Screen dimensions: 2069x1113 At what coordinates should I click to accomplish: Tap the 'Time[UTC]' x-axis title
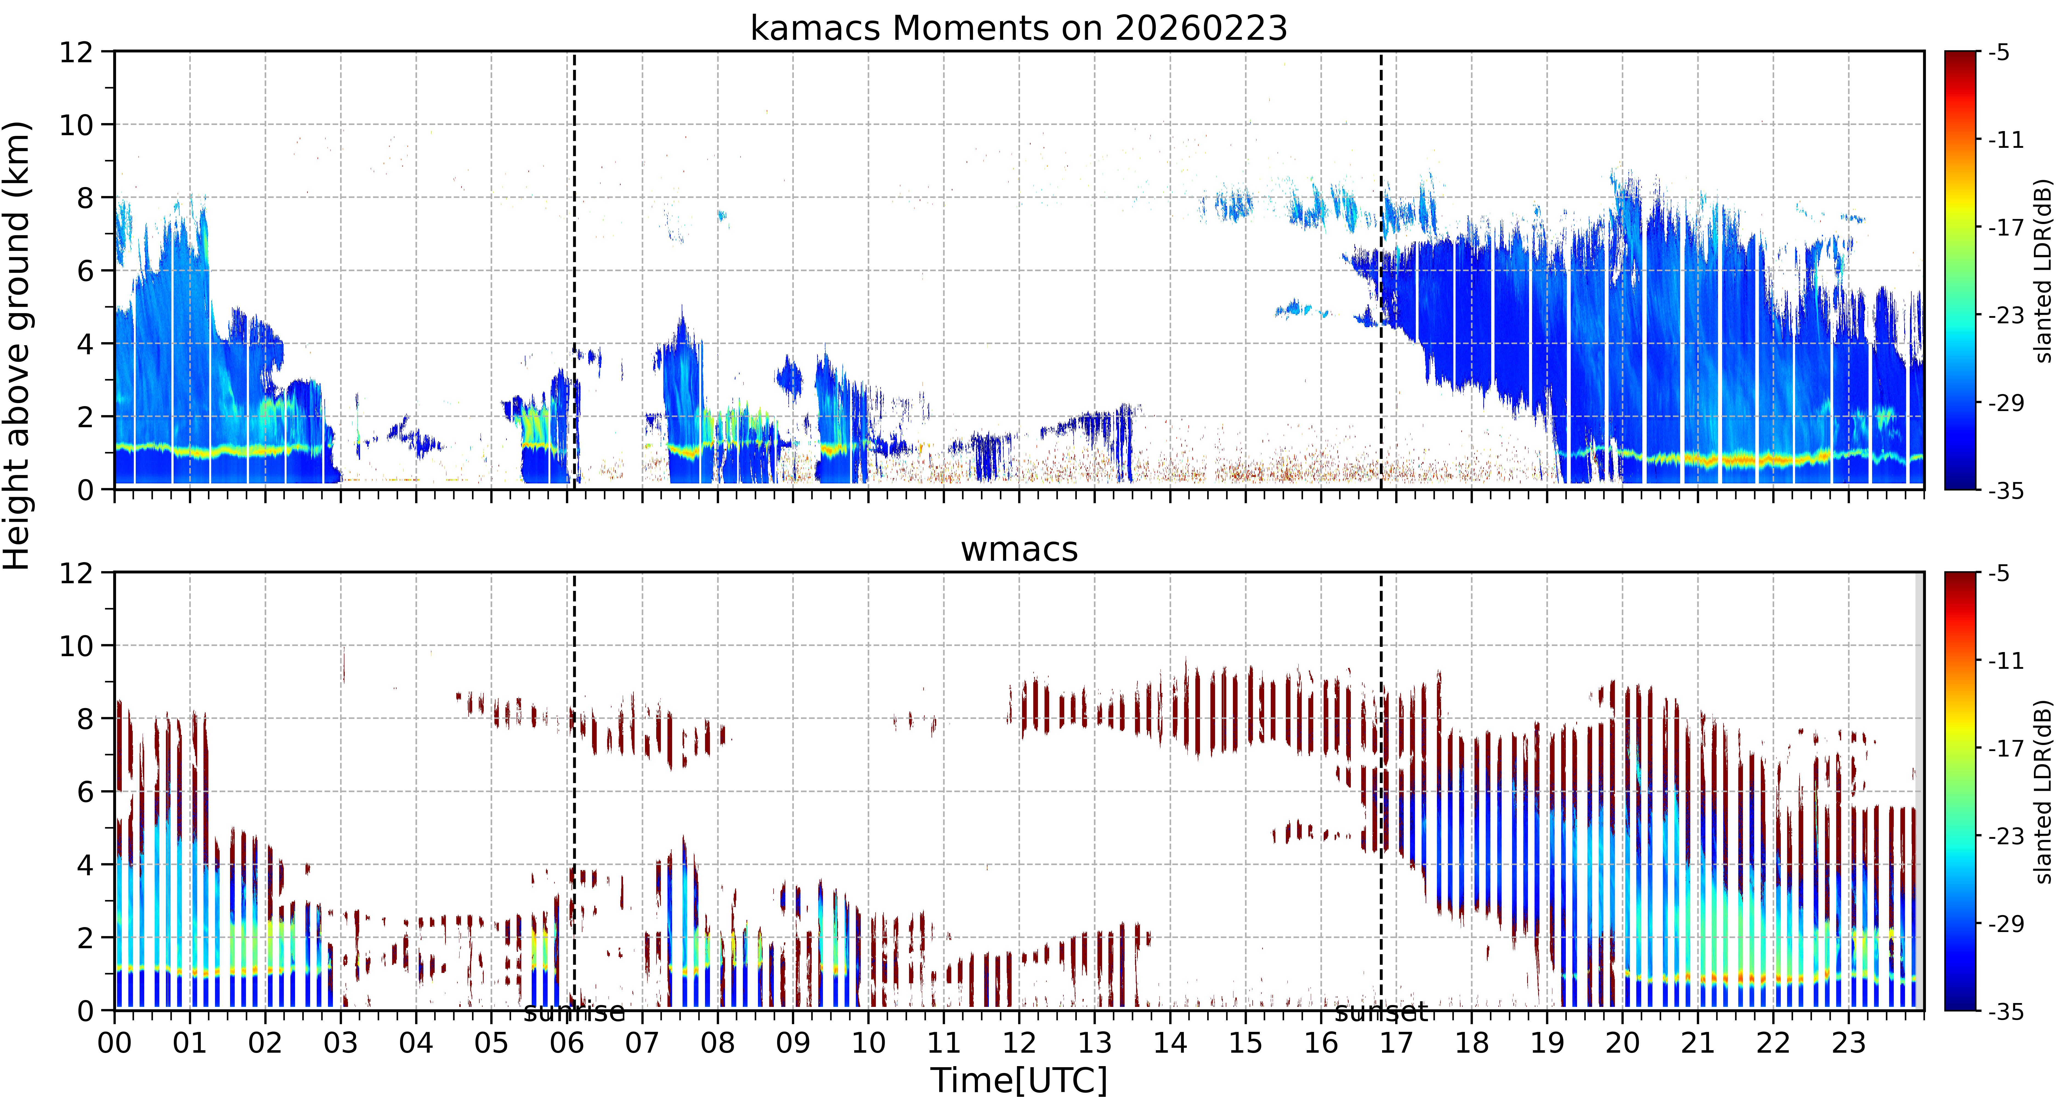tap(1018, 1081)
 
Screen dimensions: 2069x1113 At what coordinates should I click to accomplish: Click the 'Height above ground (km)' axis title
tap(18, 345)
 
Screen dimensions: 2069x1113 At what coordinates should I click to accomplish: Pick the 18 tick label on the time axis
tap(1471, 1043)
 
